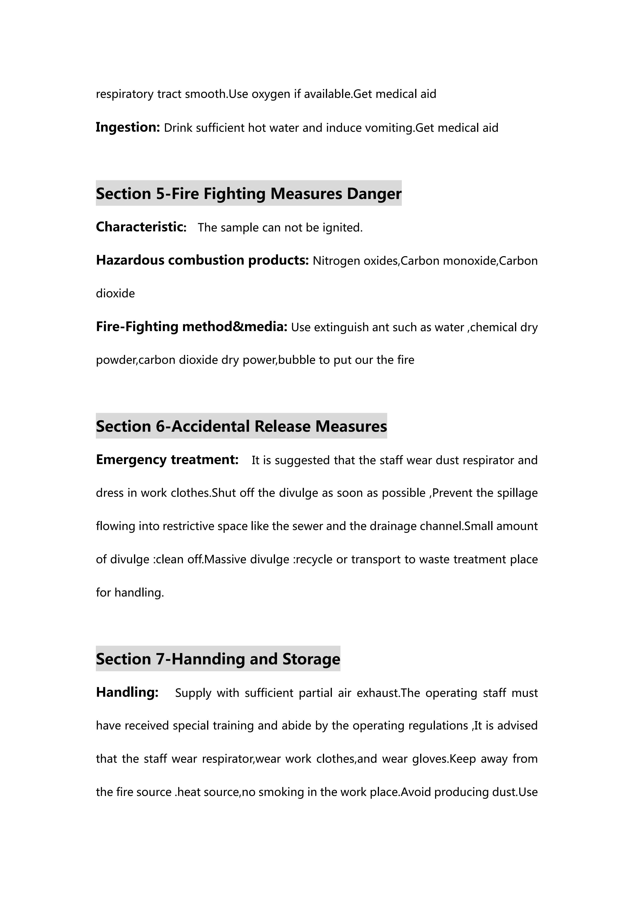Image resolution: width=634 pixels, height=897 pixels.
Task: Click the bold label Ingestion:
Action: click(x=128, y=127)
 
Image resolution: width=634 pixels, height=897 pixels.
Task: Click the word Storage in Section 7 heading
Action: click(x=311, y=659)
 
